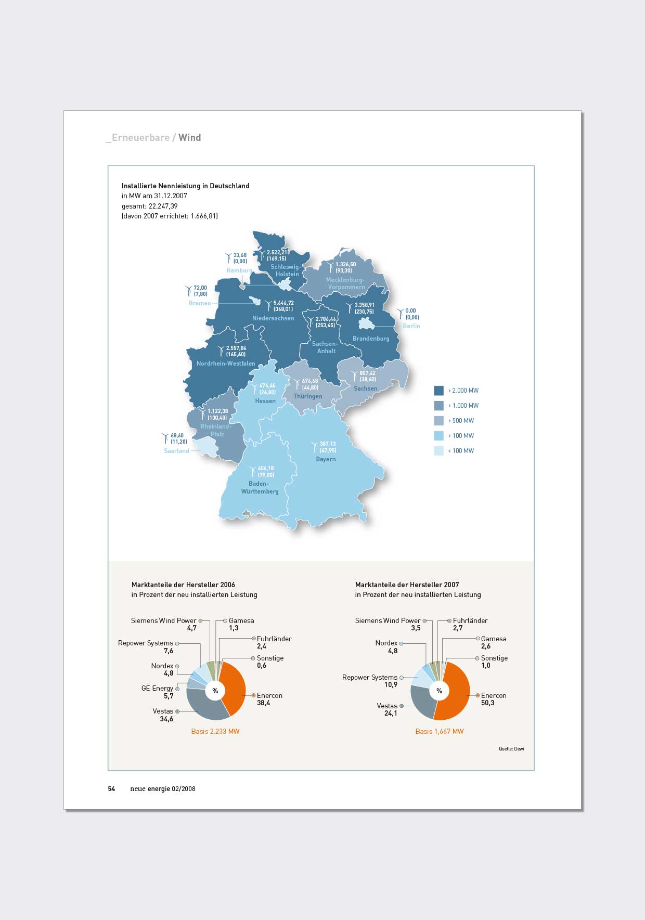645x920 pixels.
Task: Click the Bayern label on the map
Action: point(326,459)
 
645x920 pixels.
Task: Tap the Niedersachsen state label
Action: point(273,318)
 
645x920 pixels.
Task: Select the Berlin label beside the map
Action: point(411,326)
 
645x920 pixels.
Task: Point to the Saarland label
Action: point(176,451)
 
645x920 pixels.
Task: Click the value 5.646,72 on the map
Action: point(283,303)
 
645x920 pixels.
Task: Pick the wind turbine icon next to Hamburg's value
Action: point(228,257)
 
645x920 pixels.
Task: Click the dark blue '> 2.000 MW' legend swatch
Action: point(438,391)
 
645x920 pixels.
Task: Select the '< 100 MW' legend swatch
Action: point(438,451)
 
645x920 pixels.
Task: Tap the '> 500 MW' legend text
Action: point(461,421)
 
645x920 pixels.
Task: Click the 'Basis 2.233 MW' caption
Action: point(215,731)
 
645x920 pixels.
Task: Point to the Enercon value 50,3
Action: point(487,703)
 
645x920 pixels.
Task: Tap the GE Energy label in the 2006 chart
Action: point(157,688)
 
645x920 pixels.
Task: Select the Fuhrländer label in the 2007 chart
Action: point(470,620)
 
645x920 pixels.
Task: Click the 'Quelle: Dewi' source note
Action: point(511,749)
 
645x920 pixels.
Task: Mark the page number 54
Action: point(111,788)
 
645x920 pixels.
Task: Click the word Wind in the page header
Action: point(189,138)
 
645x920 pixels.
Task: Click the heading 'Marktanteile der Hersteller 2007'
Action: point(407,585)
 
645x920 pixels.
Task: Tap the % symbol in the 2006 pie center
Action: point(215,691)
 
